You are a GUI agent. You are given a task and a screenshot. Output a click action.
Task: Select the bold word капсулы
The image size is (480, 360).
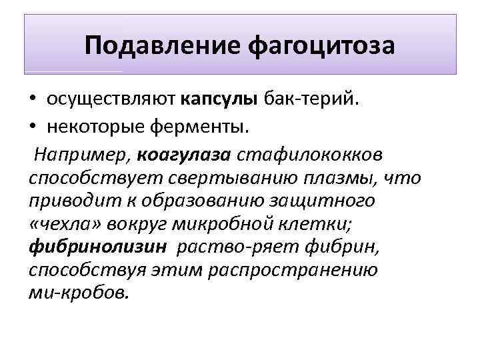point(219,99)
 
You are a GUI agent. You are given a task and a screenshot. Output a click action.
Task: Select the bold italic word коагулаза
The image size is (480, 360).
point(184,154)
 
